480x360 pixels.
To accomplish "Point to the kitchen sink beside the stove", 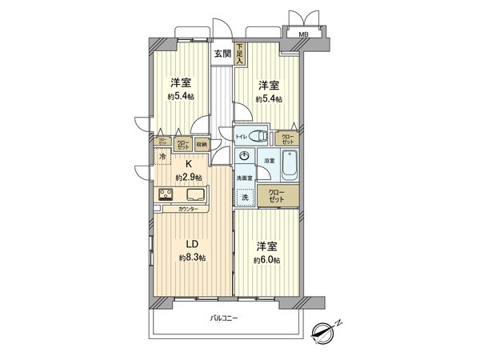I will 195,195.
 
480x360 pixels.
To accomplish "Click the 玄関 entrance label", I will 222,54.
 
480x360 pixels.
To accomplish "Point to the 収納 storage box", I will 202,145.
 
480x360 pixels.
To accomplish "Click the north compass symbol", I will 326,329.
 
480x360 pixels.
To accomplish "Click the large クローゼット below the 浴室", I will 274,195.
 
